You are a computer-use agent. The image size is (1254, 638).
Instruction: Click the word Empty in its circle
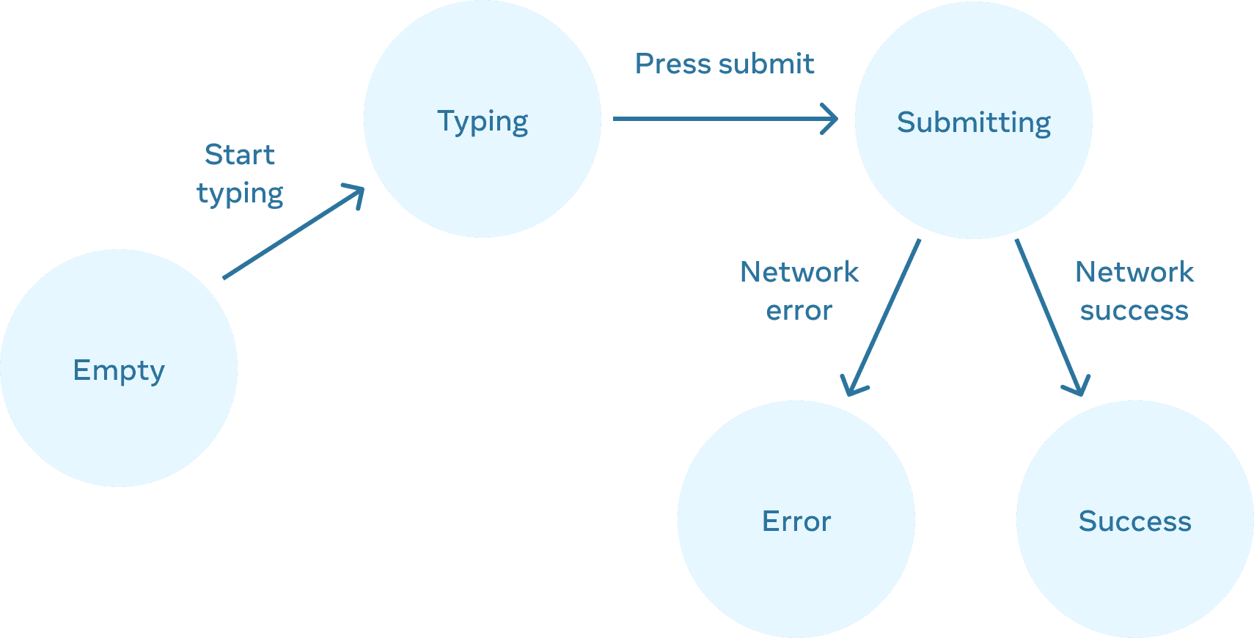pyautogui.click(x=119, y=370)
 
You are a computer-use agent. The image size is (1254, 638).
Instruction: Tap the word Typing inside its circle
pyautogui.click(x=483, y=121)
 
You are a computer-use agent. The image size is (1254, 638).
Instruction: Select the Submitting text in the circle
pyautogui.click(x=974, y=122)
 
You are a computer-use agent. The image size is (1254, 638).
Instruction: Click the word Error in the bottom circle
pyautogui.click(x=796, y=521)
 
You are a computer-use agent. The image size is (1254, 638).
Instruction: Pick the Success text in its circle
pyautogui.click(x=1134, y=521)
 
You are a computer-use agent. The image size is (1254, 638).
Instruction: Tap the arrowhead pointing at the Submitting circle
pyautogui.click(x=832, y=119)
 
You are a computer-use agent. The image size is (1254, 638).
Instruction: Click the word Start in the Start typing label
pyautogui.click(x=240, y=155)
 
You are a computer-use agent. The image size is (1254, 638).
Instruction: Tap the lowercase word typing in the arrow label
pyautogui.click(x=240, y=194)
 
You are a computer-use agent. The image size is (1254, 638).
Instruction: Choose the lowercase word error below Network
pyautogui.click(x=799, y=311)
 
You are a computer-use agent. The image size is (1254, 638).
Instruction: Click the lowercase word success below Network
pyautogui.click(x=1134, y=311)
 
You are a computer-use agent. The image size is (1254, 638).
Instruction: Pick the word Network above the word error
pyautogui.click(x=799, y=272)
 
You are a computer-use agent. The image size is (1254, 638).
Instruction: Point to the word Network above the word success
pyautogui.click(x=1134, y=272)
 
